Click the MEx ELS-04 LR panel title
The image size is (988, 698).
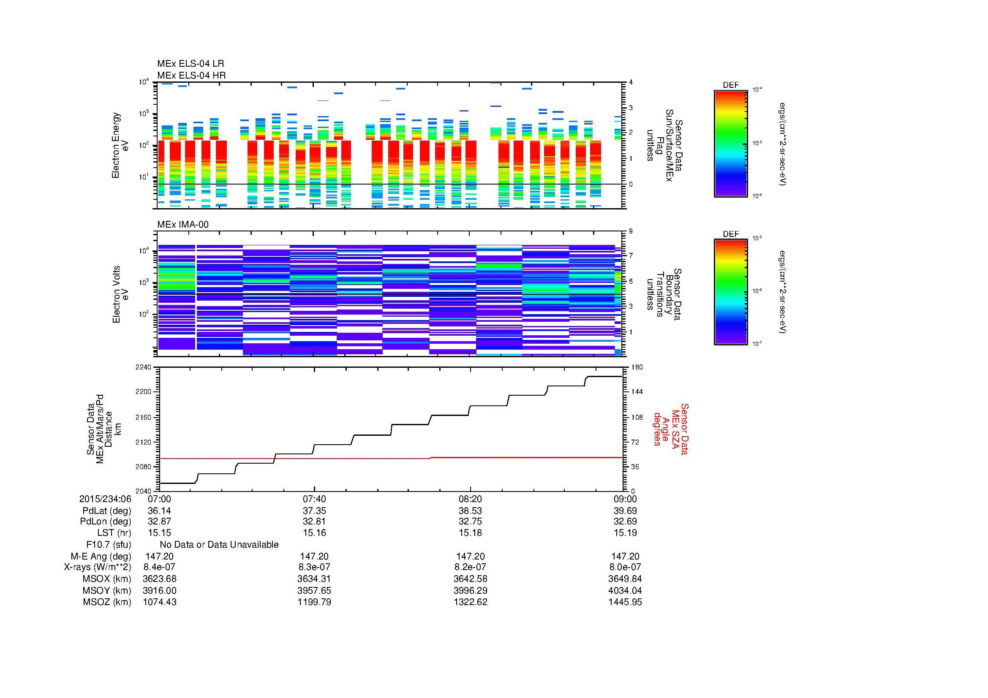tap(190, 64)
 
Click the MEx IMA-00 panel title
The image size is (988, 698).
tap(183, 225)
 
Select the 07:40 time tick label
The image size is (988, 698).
tap(314, 499)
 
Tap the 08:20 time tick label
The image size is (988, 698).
tap(470, 499)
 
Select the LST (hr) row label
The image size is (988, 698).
tap(114, 533)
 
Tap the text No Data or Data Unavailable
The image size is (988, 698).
tap(219, 545)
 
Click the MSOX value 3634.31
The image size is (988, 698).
tap(314, 579)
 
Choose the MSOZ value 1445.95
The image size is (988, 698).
tap(625, 602)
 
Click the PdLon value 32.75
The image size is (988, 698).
tap(470, 521)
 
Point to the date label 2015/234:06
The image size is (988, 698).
tap(105, 499)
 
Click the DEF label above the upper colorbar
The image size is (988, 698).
tap(731, 85)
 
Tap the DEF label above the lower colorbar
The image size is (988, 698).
tap(731, 234)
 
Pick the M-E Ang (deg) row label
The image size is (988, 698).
tap(101, 557)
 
